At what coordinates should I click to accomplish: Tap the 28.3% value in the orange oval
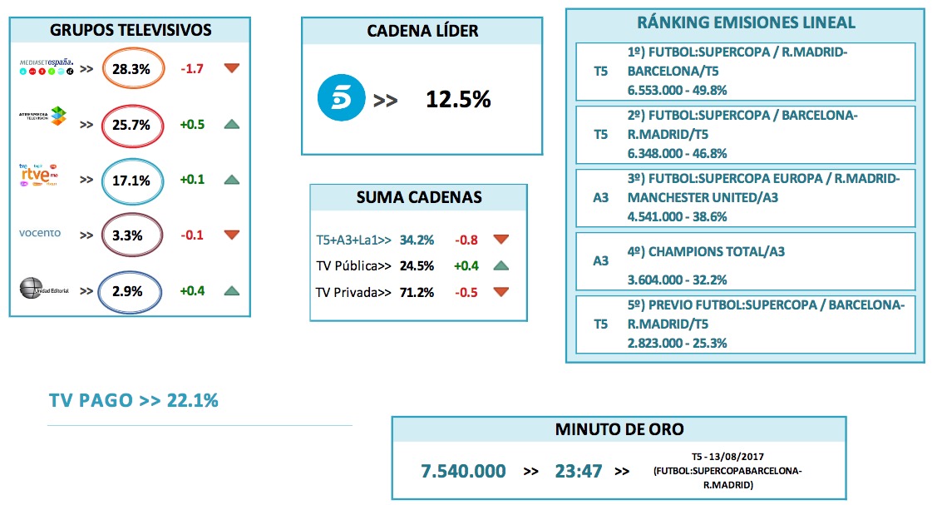pyautogui.click(x=131, y=69)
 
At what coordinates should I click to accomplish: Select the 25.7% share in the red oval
pyautogui.click(x=131, y=125)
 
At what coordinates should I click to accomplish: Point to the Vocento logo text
pyautogui.click(x=40, y=233)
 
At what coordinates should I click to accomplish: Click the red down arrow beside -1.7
pyautogui.click(x=232, y=68)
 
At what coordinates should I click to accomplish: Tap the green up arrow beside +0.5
pyautogui.click(x=232, y=125)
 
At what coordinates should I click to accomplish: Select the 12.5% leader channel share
pyautogui.click(x=458, y=100)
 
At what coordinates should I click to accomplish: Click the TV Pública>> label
pyautogui.click(x=352, y=266)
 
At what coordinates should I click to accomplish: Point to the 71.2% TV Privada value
pyautogui.click(x=417, y=292)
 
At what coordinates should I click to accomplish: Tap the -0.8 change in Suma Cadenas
pyautogui.click(x=466, y=240)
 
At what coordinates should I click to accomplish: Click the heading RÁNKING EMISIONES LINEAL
pyautogui.click(x=745, y=22)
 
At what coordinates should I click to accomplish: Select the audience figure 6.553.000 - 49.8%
pyautogui.click(x=678, y=90)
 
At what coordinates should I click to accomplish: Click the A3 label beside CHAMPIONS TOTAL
pyautogui.click(x=600, y=260)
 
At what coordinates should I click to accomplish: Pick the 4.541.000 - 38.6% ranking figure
pyautogui.click(x=678, y=216)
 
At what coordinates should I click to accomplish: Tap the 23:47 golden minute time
pyautogui.click(x=579, y=471)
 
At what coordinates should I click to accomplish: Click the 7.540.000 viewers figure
pyautogui.click(x=463, y=471)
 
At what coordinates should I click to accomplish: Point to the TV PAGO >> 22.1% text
pyautogui.click(x=133, y=400)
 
